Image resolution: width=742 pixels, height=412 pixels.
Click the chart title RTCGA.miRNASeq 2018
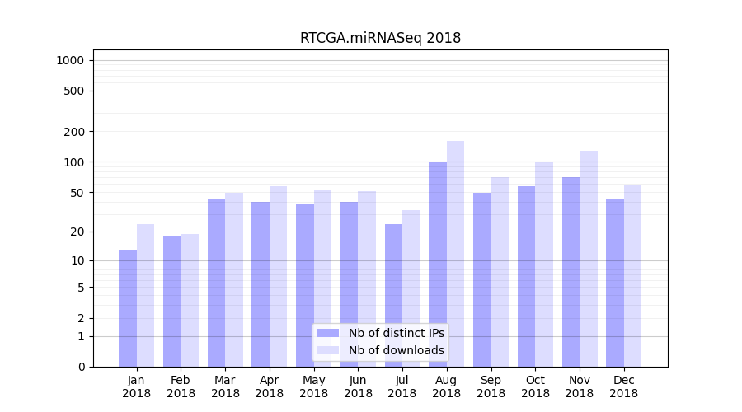[380, 38]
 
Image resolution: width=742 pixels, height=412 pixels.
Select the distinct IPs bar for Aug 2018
[438, 264]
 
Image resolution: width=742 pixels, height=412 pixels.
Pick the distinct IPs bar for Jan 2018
[128, 308]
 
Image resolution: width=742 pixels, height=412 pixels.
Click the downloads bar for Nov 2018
[588, 259]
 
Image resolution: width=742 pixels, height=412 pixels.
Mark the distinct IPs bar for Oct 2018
[526, 276]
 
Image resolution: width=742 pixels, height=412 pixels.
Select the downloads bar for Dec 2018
[632, 276]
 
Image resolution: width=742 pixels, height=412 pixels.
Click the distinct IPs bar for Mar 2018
[216, 283]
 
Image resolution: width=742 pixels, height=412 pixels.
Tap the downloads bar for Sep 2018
[500, 272]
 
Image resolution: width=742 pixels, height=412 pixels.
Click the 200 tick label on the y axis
[75, 132]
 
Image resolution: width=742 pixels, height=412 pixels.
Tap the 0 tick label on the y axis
[81, 367]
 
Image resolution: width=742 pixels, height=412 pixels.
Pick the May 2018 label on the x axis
[314, 386]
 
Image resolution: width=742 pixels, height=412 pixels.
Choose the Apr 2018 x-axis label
[270, 386]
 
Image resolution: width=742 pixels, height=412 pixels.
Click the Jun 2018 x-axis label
[358, 386]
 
